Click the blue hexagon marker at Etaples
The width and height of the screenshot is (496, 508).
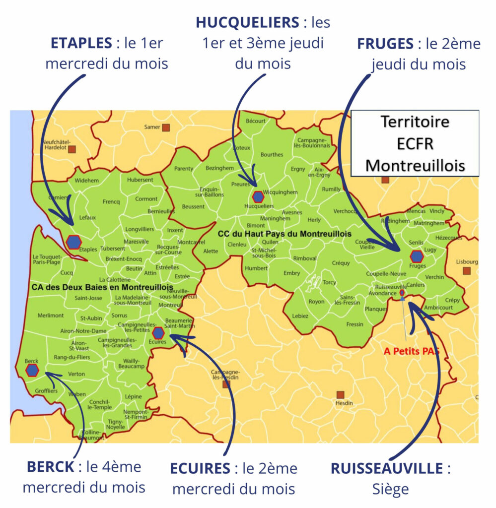[x=73, y=242]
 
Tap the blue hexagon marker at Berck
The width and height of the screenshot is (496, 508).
[x=33, y=370]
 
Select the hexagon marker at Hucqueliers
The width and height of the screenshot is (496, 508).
[x=257, y=196]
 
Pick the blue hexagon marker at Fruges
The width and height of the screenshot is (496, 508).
[x=417, y=256]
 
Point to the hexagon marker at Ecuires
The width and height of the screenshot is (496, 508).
[x=158, y=333]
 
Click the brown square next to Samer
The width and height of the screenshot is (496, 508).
[x=166, y=127]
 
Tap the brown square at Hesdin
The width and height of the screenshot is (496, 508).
[x=340, y=395]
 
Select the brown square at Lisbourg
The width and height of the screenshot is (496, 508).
[x=466, y=270]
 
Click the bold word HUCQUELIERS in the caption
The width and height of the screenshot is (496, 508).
[x=245, y=22]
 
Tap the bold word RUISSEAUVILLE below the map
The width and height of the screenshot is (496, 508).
[x=386, y=469]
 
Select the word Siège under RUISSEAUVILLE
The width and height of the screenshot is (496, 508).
[x=390, y=489]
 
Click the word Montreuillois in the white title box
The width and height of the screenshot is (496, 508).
[x=415, y=166]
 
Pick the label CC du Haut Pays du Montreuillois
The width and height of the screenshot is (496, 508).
[x=284, y=234]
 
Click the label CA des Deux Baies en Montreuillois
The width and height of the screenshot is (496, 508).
[x=102, y=287]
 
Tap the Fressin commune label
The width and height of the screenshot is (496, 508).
[x=354, y=324]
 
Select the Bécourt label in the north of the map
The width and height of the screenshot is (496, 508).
[x=256, y=121]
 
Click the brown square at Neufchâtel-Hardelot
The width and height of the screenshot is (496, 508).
[x=72, y=149]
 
